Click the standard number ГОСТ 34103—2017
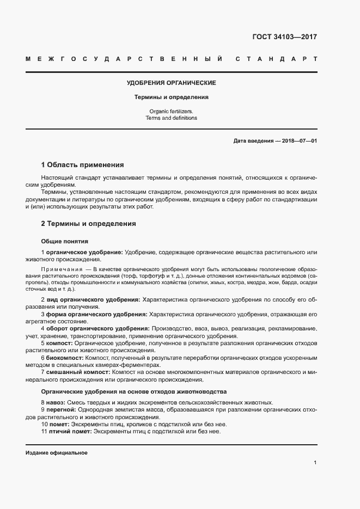click(x=284, y=38)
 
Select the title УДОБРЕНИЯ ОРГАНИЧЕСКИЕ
click(x=172, y=83)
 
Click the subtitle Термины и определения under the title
click(x=172, y=97)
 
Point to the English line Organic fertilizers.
click(x=172, y=111)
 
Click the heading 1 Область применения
click(x=82, y=165)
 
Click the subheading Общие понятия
click(x=65, y=241)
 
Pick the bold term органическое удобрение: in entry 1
click(x=84, y=253)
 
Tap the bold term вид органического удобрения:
click(x=93, y=300)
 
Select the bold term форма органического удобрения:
click(x=96, y=315)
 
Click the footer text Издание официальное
click(x=56, y=453)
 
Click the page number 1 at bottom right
click(x=315, y=463)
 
